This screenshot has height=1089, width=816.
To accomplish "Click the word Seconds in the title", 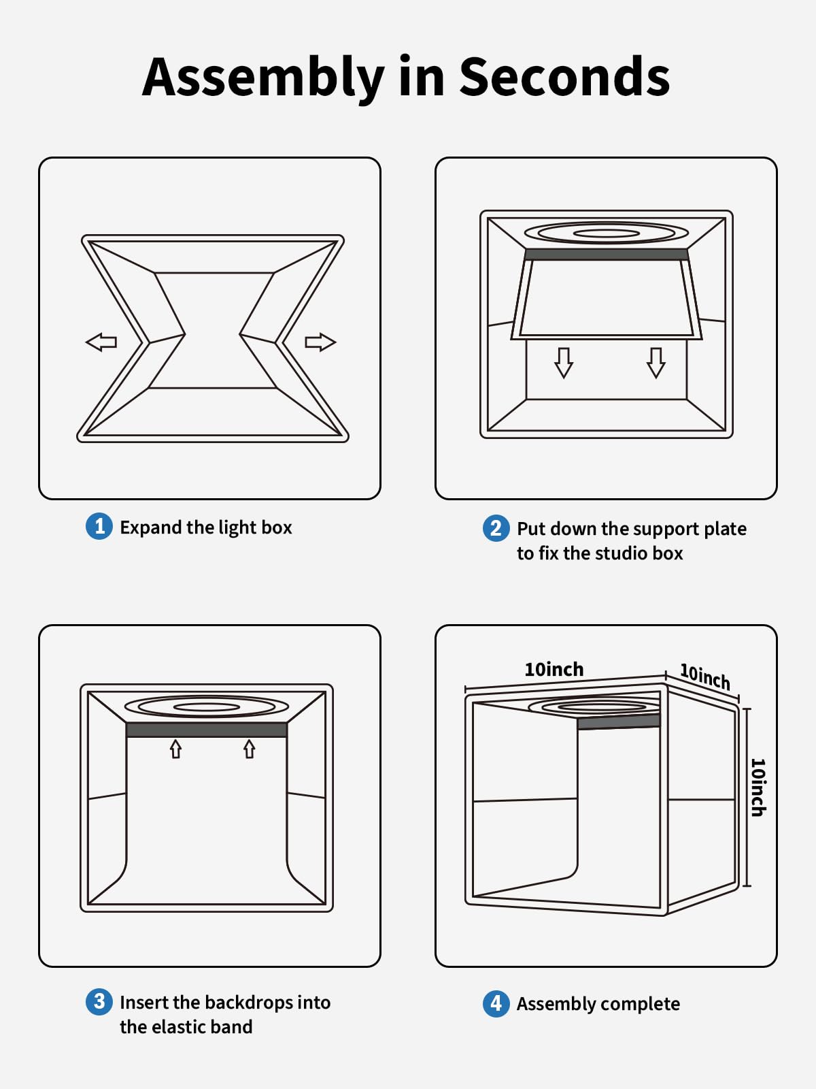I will coord(564,76).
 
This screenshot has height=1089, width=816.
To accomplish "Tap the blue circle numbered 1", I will coord(99,526).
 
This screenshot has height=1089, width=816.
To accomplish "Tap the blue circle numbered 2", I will coord(496,528).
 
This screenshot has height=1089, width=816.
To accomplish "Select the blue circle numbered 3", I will coord(99,1001).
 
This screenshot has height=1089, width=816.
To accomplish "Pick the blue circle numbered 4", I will coord(496,1003).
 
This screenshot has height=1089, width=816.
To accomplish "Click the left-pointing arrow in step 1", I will coord(101,342).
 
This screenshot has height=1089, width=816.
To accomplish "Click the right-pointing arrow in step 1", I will coord(320,342).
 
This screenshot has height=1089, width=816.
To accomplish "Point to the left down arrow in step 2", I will coord(564,362).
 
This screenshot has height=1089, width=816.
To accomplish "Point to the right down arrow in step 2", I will coord(656,362).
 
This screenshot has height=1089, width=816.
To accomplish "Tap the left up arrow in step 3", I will coord(175,749).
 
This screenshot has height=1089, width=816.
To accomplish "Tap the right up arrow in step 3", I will coord(250,749).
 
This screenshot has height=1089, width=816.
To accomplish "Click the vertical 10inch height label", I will coord(758,787).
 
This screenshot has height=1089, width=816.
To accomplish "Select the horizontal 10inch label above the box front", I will coord(554,669).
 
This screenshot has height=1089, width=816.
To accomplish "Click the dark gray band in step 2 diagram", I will coord(606,255).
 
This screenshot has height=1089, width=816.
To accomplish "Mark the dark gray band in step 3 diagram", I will coord(207,730).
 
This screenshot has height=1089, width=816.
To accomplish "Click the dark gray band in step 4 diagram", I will coord(619,722).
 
